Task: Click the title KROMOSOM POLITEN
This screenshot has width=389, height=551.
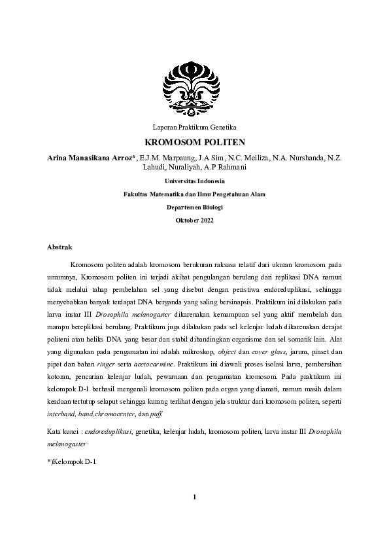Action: point(194,141)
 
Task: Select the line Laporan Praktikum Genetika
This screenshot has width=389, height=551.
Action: point(194,126)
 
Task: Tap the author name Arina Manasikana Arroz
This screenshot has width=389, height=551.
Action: point(91,158)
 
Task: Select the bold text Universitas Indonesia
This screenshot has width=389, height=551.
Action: point(194,181)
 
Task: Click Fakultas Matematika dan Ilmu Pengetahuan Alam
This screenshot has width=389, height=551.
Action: point(194,194)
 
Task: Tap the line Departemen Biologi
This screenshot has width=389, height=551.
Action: point(194,207)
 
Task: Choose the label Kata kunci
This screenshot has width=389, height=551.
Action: point(65,432)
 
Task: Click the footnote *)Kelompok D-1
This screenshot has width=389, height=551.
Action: point(72,461)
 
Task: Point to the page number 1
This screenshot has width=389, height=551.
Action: point(194,497)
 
